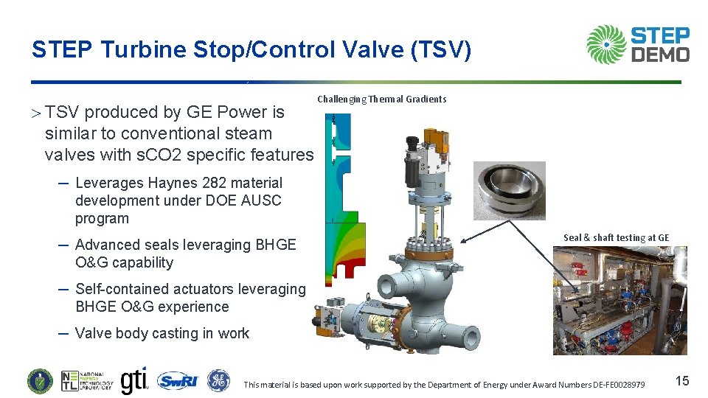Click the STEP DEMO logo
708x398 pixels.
point(638,45)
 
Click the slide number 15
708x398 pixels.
point(682,381)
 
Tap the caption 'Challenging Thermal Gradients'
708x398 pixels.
point(381,99)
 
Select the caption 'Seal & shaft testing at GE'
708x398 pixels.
point(616,237)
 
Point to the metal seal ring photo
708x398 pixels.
point(510,190)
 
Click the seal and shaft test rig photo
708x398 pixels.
point(619,300)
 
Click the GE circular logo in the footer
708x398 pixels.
point(218,381)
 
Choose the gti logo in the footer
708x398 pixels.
point(134,380)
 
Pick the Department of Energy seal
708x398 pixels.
point(40,381)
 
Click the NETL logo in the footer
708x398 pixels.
point(87,381)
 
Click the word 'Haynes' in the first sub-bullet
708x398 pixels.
point(172,183)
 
